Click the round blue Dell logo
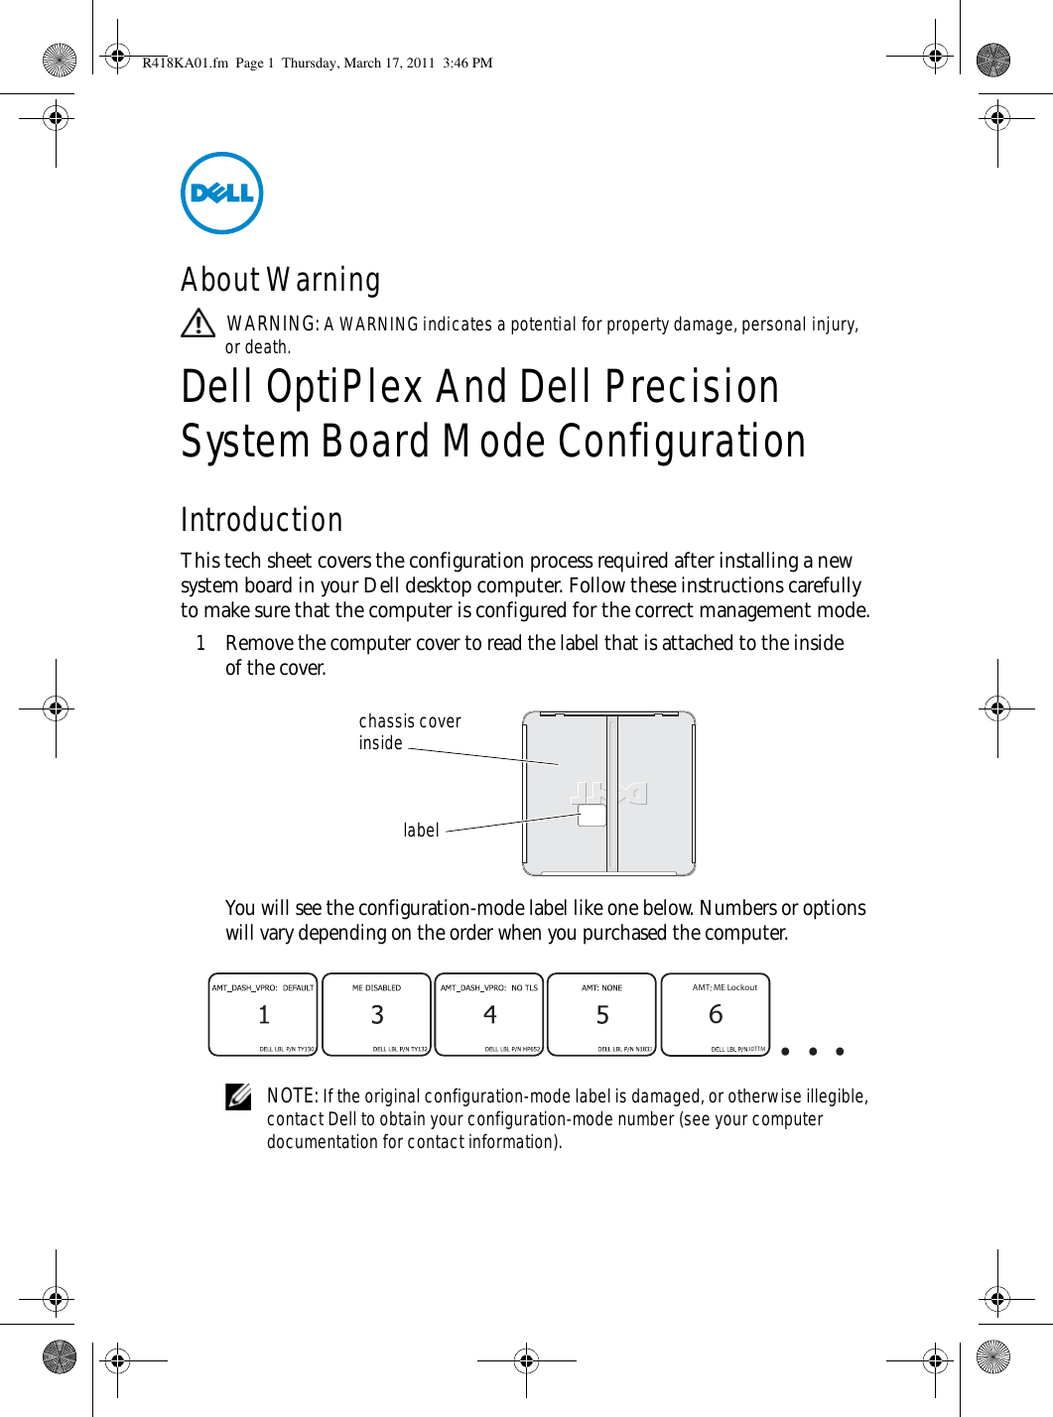coord(221,193)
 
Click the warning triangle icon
coord(198,323)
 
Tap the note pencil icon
coord(238,1096)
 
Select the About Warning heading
coord(280,280)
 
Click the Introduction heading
coord(261,520)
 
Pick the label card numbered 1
coord(263,1014)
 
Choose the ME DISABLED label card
coord(377,1014)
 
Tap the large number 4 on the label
coord(490,1014)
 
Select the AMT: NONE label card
coord(602,1014)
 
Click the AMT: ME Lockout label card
coord(716,1014)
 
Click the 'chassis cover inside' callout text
coord(409,732)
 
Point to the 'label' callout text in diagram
coord(421,831)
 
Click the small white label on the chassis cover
coord(592,816)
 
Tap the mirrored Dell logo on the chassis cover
coord(608,793)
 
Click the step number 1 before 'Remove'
coord(200,643)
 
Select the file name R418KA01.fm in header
coord(185,63)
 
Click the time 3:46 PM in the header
coord(467,63)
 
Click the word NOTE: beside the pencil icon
coord(292,1095)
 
